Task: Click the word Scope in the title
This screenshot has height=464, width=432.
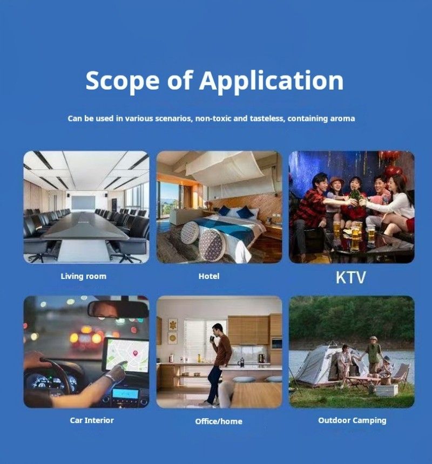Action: tap(123, 81)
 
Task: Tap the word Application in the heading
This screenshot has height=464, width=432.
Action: tap(271, 81)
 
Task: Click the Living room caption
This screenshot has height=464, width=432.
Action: tap(84, 276)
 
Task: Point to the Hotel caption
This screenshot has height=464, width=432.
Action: tap(209, 276)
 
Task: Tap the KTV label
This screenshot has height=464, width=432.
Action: tap(351, 277)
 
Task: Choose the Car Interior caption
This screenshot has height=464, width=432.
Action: tap(92, 420)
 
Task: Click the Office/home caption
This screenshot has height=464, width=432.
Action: tap(219, 421)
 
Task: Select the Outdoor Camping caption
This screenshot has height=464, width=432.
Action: tap(352, 420)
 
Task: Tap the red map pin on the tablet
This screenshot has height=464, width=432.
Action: tap(136, 353)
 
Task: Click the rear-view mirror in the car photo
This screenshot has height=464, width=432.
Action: tap(118, 310)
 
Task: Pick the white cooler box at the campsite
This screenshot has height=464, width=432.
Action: tap(387, 390)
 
